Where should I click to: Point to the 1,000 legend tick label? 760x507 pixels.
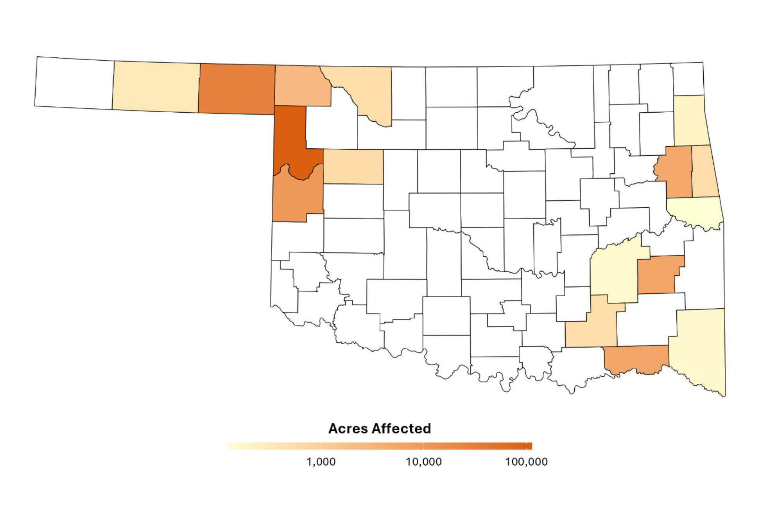point(321,462)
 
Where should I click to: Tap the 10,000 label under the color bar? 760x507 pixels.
point(424,462)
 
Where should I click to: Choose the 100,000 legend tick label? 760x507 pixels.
point(526,462)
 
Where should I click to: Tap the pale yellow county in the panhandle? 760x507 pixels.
point(156,87)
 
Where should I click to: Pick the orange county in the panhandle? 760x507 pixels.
point(237,89)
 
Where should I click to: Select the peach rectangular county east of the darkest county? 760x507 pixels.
point(353,166)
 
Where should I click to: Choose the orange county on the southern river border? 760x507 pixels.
point(635,358)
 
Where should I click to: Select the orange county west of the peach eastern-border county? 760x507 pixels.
point(674,171)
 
